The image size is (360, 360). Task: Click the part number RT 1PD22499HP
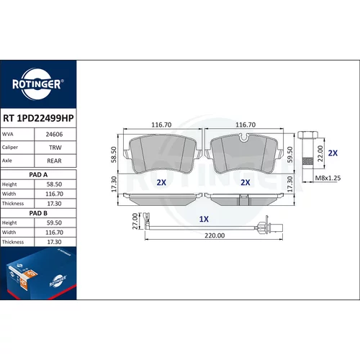[38, 118]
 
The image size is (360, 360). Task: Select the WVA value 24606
[54, 135]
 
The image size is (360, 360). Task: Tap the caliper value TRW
[55, 148]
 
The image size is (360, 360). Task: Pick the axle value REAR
[54, 161]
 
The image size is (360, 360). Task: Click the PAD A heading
[38, 175]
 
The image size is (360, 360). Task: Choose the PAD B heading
[38, 213]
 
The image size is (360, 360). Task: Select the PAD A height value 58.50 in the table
[54, 184]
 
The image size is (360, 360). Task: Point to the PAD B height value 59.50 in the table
[54, 222]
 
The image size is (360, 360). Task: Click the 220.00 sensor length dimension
[215, 235]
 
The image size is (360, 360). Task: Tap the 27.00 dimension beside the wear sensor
[135, 221]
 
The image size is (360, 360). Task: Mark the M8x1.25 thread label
[328, 178]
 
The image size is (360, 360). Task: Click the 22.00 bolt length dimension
[320, 153]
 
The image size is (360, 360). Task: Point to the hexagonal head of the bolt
[307, 135]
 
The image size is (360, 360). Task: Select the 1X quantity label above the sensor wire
[204, 219]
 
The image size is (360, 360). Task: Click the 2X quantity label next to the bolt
[333, 153]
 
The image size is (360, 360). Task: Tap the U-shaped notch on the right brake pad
[245, 138]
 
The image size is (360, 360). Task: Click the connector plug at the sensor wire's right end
[279, 227]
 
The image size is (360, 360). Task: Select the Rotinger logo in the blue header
[38, 84]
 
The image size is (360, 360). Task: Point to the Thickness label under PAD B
[13, 242]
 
